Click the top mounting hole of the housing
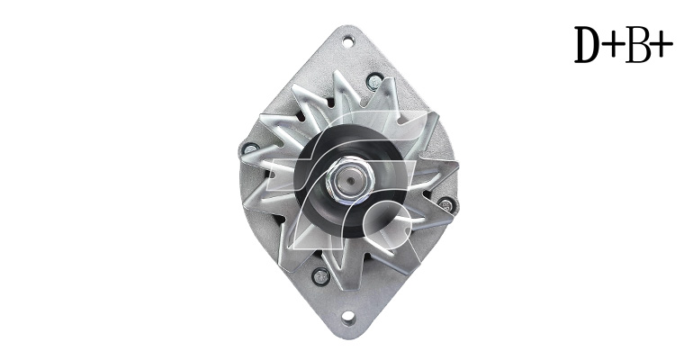point(348,42)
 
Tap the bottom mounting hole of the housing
point(348,317)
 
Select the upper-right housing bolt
point(374,81)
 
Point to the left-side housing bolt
point(250,148)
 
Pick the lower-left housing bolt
point(321,276)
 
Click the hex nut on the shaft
point(349,179)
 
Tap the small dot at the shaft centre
point(349,180)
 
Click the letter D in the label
point(590,44)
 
